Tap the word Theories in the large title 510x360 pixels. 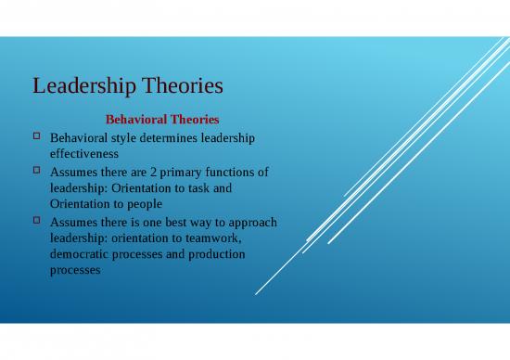coord(183,87)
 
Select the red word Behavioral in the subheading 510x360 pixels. coord(133,120)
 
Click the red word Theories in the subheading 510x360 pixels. coord(190,120)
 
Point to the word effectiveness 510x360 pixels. coord(83,155)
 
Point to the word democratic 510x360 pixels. coord(81,256)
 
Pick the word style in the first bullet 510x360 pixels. coord(115,137)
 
